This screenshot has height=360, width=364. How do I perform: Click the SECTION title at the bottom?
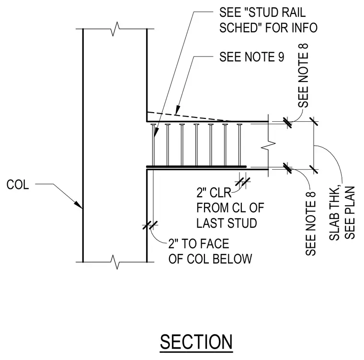[196, 342]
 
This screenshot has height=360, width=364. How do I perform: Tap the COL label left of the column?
[18, 185]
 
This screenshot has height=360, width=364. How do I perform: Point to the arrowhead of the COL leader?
[78, 205]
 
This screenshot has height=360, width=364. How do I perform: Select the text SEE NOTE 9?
[251, 57]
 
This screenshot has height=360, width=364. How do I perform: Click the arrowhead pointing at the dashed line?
[178, 110]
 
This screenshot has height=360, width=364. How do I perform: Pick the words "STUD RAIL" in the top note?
[277, 12]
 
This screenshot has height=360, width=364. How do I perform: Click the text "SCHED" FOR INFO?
[268, 28]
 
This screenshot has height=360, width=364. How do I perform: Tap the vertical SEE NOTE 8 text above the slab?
[303, 76]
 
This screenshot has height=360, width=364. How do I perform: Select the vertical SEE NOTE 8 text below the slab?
[311, 223]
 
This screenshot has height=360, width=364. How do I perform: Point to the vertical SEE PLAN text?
[350, 213]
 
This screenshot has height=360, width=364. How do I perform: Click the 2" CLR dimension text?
[214, 193]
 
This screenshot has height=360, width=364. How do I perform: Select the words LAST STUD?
[227, 223]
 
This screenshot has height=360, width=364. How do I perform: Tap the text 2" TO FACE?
[199, 244]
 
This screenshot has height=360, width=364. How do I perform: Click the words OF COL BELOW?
[210, 259]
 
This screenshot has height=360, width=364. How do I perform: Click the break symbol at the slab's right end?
[268, 145]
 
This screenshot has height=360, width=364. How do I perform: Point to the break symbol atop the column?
[115, 29]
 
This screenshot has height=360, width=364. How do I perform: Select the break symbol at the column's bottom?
[115, 262]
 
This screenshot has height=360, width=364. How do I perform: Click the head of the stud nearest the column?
[153, 125]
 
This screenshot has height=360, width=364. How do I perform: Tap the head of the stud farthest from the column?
[239, 125]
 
